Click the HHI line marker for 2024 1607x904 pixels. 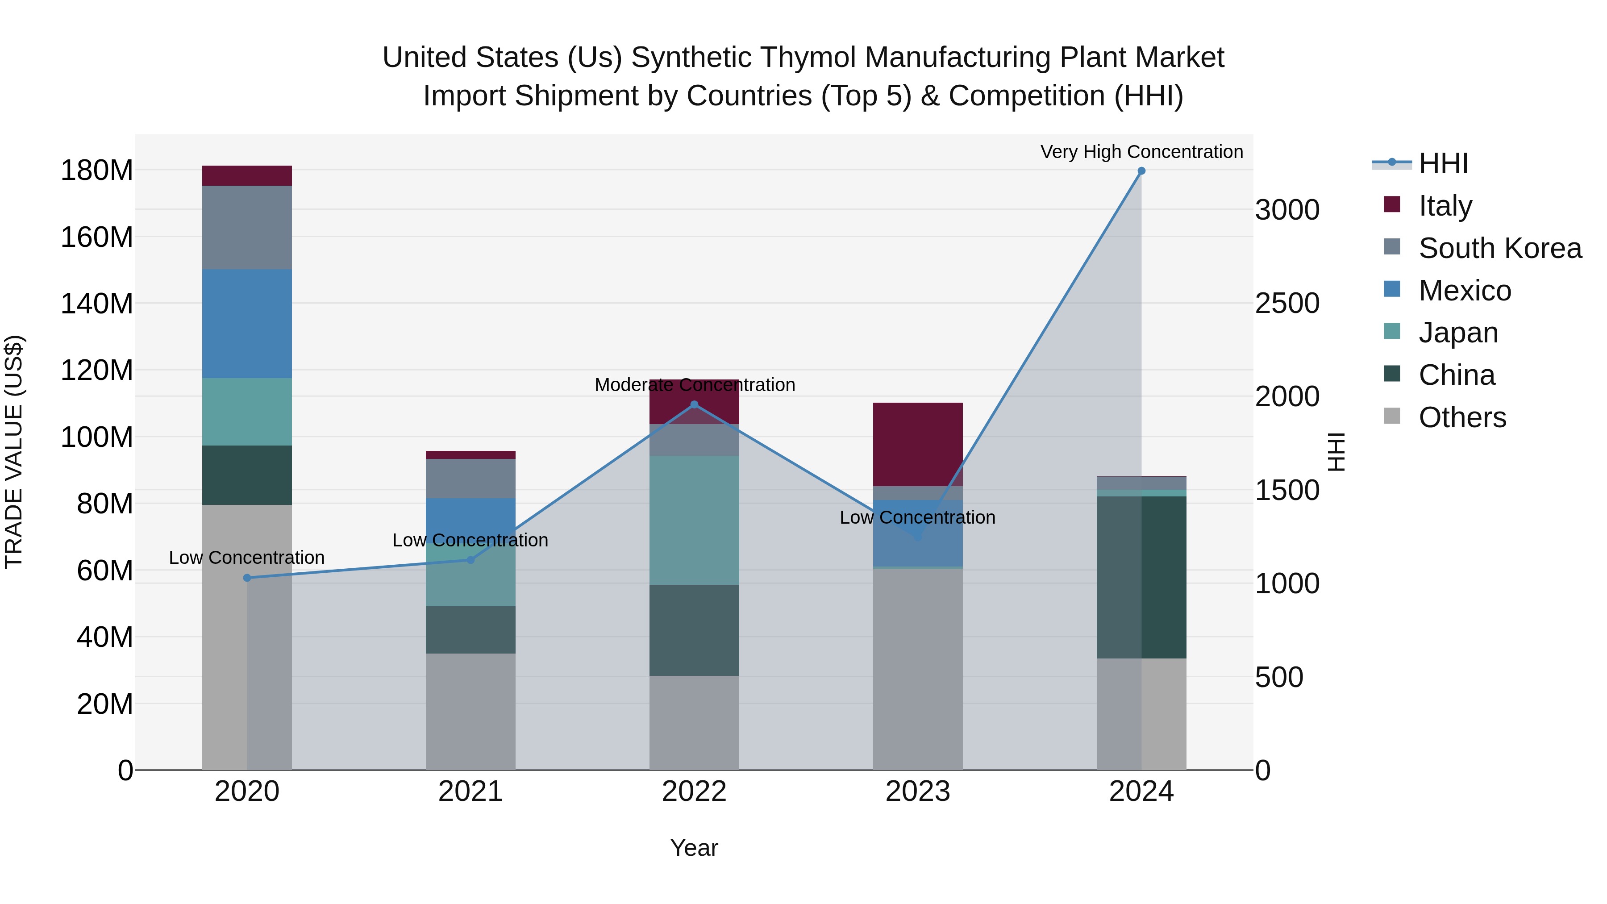[x=1141, y=171]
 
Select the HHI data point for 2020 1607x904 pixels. [x=247, y=578]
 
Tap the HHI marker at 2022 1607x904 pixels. [x=694, y=405]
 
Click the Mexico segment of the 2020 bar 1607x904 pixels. [x=247, y=323]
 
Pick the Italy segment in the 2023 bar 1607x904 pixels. [x=918, y=444]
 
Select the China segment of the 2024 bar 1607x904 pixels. [x=1141, y=577]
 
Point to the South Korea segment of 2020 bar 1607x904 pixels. [x=247, y=227]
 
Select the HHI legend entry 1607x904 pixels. [x=1443, y=163]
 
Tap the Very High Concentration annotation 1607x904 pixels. [x=1141, y=152]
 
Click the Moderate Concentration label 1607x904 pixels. [x=694, y=385]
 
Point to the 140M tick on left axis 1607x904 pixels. [x=97, y=304]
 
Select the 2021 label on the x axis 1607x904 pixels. [x=470, y=792]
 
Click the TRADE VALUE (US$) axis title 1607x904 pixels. [x=14, y=452]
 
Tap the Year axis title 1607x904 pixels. [x=694, y=848]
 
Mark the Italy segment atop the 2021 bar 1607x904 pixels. [x=470, y=455]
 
